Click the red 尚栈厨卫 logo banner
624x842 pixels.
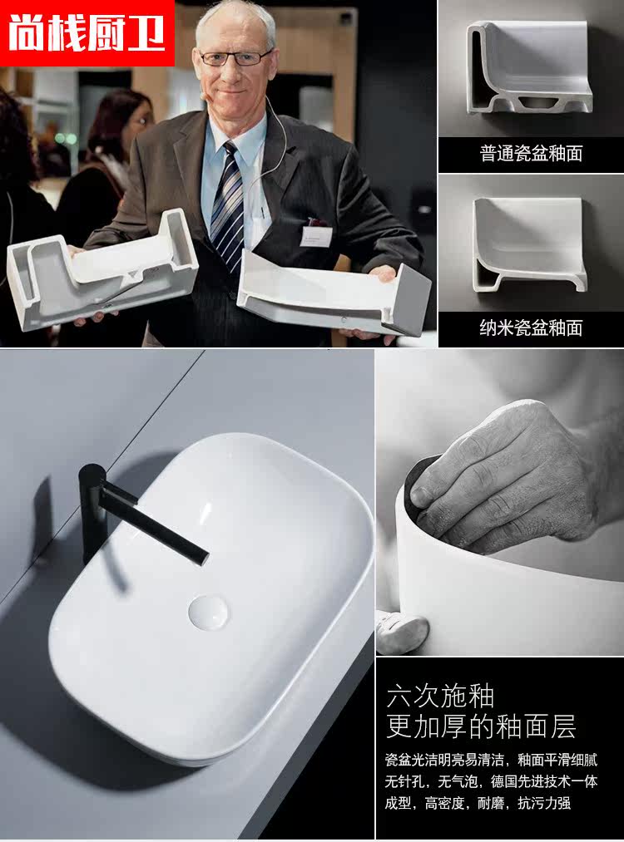pyautogui.click(x=87, y=32)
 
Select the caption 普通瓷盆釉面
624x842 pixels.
pyautogui.click(x=531, y=154)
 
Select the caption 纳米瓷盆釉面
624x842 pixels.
pyautogui.click(x=531, y=327)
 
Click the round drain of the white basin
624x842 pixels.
pyautogui.click(x=207, y=612)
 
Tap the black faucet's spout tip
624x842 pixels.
pyautogui.click(x=203, y=559)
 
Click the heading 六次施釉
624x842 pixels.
pyautogui.click(x=440, y=696)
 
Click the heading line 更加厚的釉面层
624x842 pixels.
pyautogui.click(x=481, y=726)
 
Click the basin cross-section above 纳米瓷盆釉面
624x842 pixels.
pyautogui.click(x=529, y=243)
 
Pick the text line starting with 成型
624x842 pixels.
pyautogui.click(x=478, y=803)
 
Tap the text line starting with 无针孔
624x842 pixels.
pyautogui.click(x=491, y=781)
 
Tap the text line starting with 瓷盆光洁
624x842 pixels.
pyautogui.click(x=491, y=760)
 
